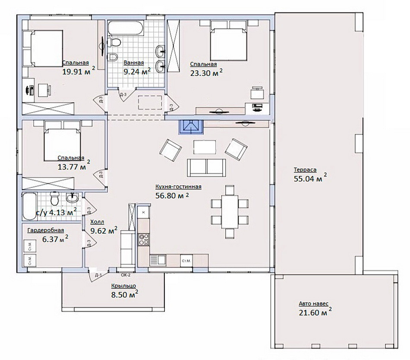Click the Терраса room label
coord(305,170)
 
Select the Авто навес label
coord(313,304)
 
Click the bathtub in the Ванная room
coord(126,28)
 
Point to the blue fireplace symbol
coord(191,127)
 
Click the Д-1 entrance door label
coord(98,275)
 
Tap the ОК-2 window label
coord(126,275)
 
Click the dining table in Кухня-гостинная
coord(230,212)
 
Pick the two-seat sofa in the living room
coord(206,167)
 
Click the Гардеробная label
coord(46,230)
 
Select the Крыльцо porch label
coord(123,285)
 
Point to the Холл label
coord(97,222)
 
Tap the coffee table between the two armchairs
coord(205,147)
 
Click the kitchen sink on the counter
coord(158,260)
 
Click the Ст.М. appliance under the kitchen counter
coord(186,261)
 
